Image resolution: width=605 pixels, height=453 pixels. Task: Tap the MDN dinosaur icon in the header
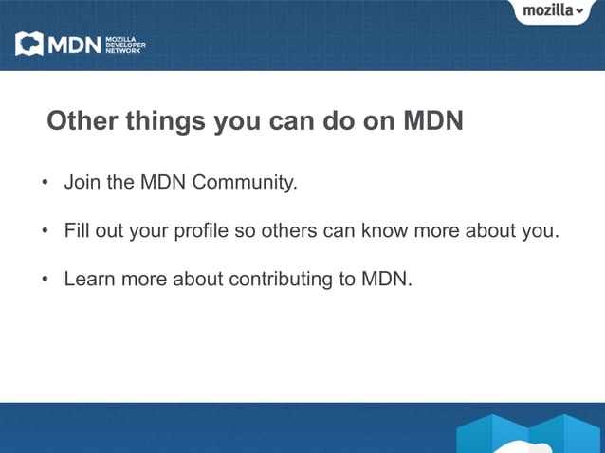tap(29, 44)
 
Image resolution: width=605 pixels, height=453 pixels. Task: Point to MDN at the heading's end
tap(433, 122)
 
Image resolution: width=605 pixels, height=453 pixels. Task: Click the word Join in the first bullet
tap(82, 182)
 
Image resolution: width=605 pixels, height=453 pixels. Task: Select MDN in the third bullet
tap(386, 281)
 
